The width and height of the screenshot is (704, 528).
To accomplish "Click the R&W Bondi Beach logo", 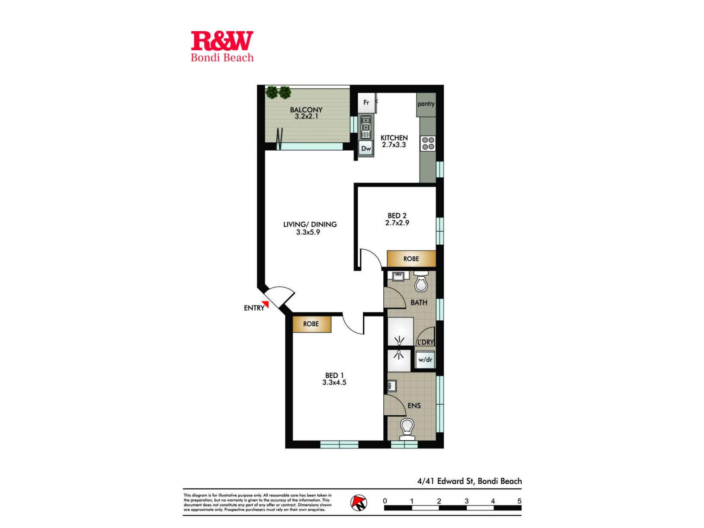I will pos(222,46).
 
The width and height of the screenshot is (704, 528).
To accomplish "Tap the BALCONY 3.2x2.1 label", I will pos(306,113).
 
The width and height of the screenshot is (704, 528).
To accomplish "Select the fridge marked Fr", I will pos(366,102).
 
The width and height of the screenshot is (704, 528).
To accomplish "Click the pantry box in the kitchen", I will pos(426,104).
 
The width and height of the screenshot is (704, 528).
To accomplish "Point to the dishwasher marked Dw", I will pos(366,149).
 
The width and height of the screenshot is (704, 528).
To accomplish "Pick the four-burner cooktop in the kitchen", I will pos(428,144).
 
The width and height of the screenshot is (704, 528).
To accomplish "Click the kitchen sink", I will pos(366,127).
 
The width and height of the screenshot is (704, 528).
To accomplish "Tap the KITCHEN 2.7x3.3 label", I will pos(394,141).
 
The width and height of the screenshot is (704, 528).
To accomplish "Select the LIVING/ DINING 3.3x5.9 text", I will pos(309,228).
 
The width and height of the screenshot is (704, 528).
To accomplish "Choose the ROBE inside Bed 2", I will pos(411,259).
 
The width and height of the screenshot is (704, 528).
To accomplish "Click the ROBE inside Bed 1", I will pos(311,324).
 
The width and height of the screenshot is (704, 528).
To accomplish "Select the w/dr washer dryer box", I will pos(425,359).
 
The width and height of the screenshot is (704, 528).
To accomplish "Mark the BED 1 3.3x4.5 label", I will pos(334,379).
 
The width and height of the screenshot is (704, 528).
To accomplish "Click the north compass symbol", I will pos(359,503).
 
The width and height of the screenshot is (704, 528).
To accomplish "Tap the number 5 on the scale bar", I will pos(519,501).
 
